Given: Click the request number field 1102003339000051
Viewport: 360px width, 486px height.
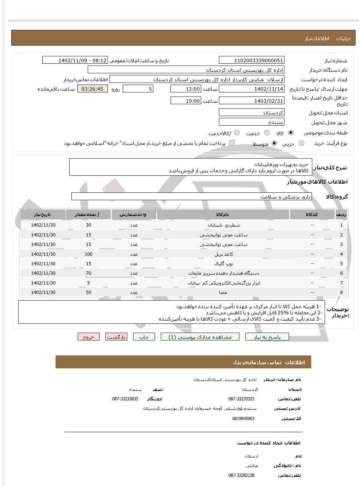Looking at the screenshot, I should (251, 60).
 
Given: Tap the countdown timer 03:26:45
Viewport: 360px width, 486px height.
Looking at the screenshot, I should (93, 89).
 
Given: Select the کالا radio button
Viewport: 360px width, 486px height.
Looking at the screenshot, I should (290, 133).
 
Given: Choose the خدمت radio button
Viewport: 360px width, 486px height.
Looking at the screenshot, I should (267, 133).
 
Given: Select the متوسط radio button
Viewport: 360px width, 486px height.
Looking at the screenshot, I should (274, 144).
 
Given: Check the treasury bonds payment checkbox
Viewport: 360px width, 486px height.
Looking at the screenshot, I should (232, 143).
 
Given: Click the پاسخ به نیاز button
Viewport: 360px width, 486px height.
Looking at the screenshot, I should (267, 337).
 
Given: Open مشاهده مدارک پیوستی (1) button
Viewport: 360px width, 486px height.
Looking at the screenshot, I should (200, 337).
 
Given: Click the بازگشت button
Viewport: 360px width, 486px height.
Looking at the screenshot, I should (116, 337).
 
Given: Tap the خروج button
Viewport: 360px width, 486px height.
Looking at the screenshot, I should (88, 337).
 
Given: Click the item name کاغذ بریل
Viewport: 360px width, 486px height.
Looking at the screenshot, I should (223, 254).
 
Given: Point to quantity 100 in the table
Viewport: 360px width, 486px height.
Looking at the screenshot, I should (89, 254).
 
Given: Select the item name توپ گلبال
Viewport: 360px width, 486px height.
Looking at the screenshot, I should (223, 264).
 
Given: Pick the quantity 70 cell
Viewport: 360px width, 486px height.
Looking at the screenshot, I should (89, 273).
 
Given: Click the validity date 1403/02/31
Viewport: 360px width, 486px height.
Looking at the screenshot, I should (251, 101).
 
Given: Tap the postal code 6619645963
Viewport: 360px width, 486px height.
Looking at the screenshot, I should (243, 419).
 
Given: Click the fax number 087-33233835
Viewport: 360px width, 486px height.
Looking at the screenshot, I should (125, 399).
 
